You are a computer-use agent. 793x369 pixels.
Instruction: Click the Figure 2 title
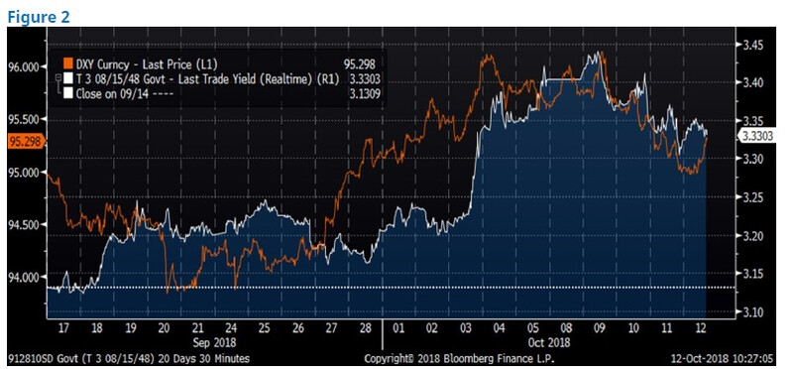click(x=39, y=17)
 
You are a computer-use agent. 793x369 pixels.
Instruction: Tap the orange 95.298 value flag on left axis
click(x=27, y=142)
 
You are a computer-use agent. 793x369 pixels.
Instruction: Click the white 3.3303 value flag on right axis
click(x=756, y=135)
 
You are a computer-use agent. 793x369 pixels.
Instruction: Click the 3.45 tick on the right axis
click(x=752, y=46)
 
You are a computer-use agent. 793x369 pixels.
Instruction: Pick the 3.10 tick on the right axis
click(x=752, y=312)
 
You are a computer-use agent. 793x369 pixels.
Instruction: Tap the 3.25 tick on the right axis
click(x=752, y=198)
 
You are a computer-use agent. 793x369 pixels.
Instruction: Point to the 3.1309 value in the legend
click(x=364, y=93)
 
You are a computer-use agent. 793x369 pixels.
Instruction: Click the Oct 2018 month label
click(x=549, y=342)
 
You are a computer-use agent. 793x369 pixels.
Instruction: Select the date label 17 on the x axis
click(x=63, y=329)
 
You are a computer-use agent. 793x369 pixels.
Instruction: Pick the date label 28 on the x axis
click(x=365, y=329)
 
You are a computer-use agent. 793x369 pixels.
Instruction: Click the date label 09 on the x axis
click(x=600, y=329)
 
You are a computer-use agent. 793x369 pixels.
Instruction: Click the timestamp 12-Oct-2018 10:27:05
click(x=722, y=359)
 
